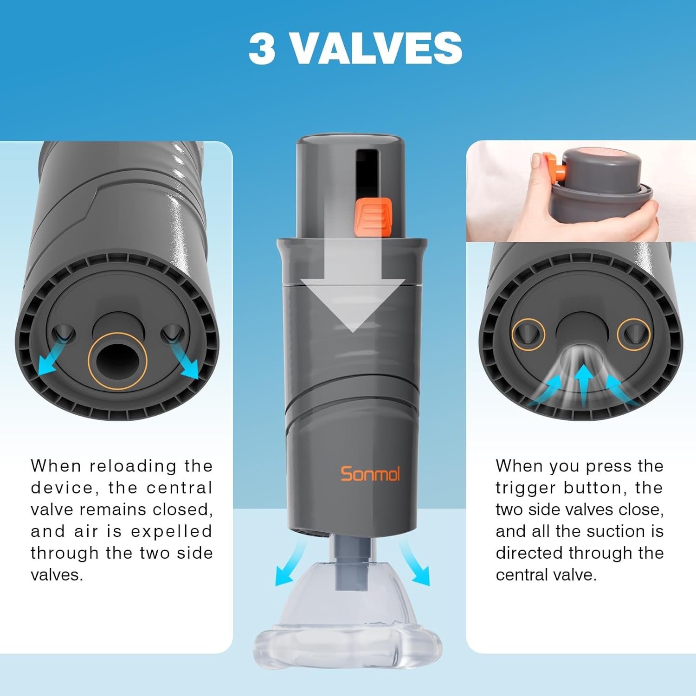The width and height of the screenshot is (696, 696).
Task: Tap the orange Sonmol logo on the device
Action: [x=370, y=474]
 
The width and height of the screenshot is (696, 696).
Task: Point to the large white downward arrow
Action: [x=353, y=283]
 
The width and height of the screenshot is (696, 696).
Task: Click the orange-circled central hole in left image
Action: [x=117, y=361]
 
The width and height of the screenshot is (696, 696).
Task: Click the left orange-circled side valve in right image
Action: [x=528, y=334]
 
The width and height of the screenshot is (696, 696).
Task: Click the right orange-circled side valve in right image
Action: [x=633, y=334]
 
